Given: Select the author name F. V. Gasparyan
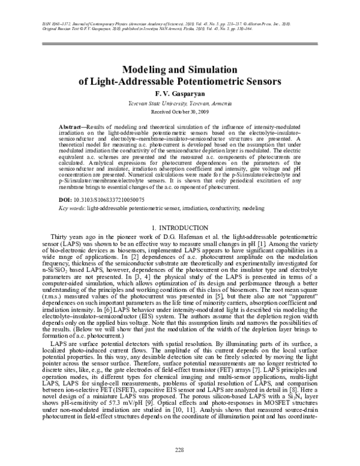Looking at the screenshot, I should coord(179,94).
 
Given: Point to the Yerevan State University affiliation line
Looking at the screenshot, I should coord(179,104).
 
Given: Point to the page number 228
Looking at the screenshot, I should coord(179,450).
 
